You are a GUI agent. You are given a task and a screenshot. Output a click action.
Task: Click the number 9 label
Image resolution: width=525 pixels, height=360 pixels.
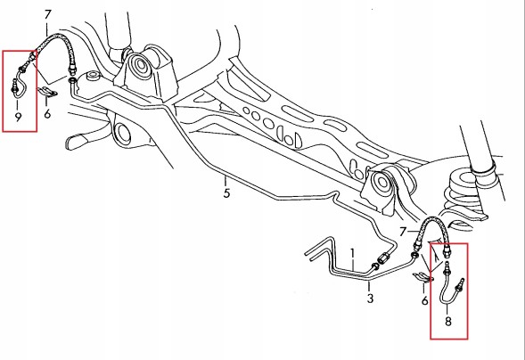click(18, 117)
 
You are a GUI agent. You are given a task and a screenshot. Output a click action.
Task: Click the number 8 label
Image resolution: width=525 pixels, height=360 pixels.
click(448, 321)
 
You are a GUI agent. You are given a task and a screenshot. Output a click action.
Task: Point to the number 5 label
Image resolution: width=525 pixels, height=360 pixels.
click(227, 193)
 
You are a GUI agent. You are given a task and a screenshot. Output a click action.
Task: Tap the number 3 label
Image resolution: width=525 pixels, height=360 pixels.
click(370, 299)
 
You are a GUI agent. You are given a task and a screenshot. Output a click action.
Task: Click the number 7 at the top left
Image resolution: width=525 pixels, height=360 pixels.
click(48, 15)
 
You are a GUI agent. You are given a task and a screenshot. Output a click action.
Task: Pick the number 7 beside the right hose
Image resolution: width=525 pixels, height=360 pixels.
click(403, 232)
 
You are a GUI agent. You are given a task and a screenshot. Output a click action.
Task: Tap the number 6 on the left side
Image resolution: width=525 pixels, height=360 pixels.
click(47, 114)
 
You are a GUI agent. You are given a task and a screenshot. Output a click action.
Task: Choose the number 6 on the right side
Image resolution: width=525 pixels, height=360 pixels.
click(424, 301)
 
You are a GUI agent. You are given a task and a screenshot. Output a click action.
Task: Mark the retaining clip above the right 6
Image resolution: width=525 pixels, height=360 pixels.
click(422, 278)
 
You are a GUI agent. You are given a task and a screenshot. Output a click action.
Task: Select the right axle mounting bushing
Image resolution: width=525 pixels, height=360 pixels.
click(382, 183)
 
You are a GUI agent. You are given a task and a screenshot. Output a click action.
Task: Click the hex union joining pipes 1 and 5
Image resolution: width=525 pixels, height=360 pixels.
click(383, 258)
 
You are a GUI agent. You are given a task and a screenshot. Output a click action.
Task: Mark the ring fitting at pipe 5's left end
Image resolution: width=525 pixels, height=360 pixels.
click(72, 80)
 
